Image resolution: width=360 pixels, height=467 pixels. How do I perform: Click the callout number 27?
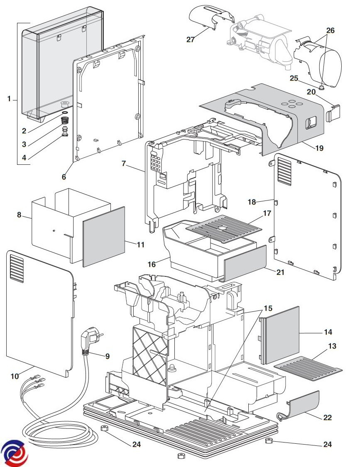coord(191,39)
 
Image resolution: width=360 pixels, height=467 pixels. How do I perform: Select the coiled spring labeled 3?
coord(65,121)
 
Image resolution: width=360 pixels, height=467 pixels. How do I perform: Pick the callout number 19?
coord(319,148)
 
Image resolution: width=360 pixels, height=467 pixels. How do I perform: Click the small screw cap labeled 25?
coord(321,87)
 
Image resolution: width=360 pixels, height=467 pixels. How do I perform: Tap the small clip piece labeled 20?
coord(333,112)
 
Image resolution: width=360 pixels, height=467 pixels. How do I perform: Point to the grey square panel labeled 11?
coord(104,237)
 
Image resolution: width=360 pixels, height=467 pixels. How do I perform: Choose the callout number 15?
coord(268,308)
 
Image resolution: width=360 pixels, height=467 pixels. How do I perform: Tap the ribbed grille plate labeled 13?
coord(308,369)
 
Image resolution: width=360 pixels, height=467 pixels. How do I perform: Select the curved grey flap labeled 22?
coord(299,405)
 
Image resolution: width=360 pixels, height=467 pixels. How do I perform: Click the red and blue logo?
coord(14,453)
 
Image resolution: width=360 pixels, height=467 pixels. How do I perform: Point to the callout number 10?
coord(15,376)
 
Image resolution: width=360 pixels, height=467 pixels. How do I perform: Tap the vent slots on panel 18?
coord(284,171)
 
